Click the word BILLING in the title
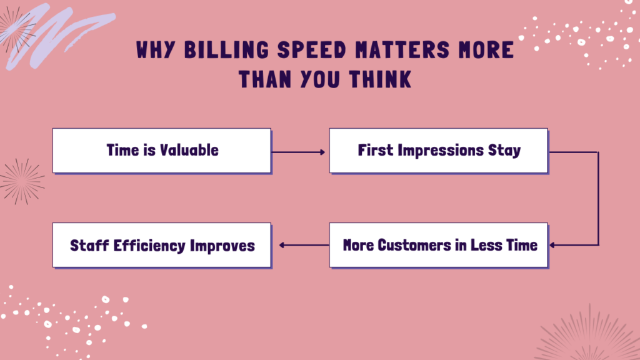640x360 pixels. click(226, 50)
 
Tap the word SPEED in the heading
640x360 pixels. click(312, 50)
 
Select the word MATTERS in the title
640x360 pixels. click(402, 50)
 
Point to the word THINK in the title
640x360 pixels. click(380, 79)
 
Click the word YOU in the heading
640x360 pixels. click(319, 79)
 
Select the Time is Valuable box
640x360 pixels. click(162, 151)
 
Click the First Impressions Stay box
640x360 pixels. click(439, 151)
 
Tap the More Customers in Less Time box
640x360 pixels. click(439, 245)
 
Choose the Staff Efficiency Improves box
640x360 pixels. click(162, 245)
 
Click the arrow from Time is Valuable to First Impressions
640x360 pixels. click(298, 152)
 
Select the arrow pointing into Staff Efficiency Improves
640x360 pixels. click(304, 245)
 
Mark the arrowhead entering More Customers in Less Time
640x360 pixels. click(552, 245)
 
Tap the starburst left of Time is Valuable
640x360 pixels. click(22, 181)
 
